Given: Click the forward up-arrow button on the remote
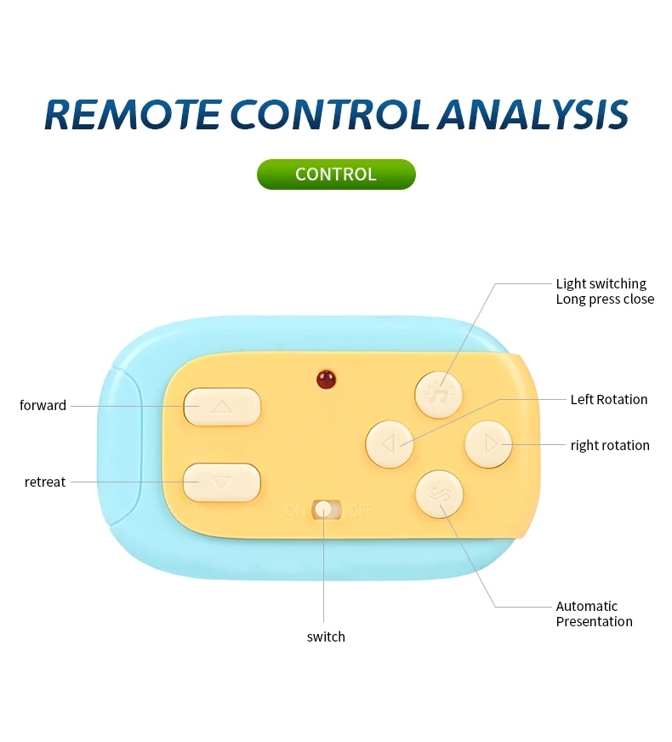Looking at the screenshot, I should (x=222, y=407).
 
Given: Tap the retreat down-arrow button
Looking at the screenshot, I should (x=221, y=482).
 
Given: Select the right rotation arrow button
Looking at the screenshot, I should (x=488, y=443).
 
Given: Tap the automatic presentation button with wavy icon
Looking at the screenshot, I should (x=439, y=494).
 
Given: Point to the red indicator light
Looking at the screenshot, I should (x=325, y=380).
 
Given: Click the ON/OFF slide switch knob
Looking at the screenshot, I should (x=323, y=510).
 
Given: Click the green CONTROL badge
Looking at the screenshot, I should (x=336, y=174).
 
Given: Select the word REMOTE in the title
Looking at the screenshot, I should (x=132, y=115).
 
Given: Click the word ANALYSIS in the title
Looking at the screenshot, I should (x=533, y=115).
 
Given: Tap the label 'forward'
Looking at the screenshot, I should (x=43, y=406).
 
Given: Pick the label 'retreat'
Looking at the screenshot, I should (x=45, y=482).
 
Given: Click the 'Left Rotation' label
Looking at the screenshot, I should (x=608, y=399).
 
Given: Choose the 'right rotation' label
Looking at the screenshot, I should (x=610, y=445).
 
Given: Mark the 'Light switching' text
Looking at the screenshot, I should (x=601, y=283).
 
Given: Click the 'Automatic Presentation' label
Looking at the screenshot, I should (x=594, y=614).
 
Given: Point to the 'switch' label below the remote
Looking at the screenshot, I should (x=326, y=636).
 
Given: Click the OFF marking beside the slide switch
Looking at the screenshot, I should (x=360, y=511).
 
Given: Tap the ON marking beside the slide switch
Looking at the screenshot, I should (x=295, y=511).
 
